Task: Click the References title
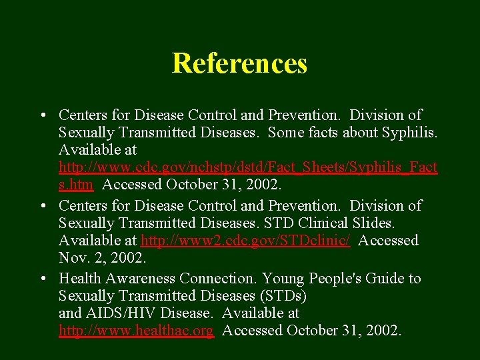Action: (239, 63)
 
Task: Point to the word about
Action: (361, 133)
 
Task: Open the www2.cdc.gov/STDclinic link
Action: (245, 241)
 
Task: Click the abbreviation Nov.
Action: (71, 258)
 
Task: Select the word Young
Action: (283, 278)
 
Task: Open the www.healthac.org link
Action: (136, 330)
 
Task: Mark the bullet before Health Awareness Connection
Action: (42, 279)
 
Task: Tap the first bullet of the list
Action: (42, 116)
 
